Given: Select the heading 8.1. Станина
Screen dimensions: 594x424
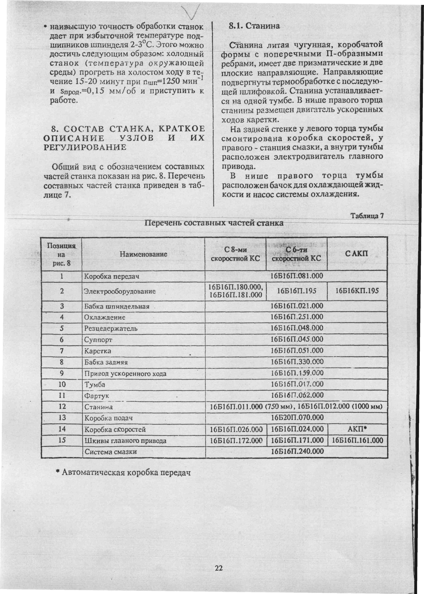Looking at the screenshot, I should coord(254,26).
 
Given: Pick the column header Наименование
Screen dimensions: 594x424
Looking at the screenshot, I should coord(143,254).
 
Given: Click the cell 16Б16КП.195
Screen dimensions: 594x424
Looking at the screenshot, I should coord(357,291).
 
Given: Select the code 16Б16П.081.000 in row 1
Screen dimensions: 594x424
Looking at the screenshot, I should coord(297,276).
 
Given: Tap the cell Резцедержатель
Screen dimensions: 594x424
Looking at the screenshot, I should coord(111,329).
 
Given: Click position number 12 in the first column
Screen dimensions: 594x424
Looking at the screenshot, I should coord(62,406).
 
